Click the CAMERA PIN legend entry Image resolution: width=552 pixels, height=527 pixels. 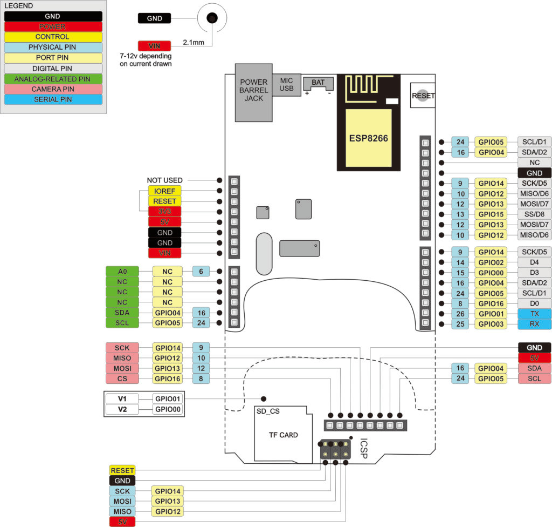53,89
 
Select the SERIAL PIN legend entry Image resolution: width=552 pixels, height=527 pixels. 53,99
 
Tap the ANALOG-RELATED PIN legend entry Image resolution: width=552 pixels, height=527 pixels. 53,79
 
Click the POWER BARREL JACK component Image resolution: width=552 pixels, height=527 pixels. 253,93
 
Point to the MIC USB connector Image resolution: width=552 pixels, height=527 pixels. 287,85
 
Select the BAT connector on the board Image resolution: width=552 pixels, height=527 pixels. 318,84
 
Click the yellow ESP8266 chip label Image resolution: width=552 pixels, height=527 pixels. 369,138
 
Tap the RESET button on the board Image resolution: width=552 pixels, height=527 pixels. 423,96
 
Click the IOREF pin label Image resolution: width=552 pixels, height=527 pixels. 165,191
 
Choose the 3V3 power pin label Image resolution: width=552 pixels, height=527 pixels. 165,212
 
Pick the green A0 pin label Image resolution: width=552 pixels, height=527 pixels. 122,271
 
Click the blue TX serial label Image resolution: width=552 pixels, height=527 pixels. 534,314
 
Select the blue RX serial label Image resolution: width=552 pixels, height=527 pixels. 534,324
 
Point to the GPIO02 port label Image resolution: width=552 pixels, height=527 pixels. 491,262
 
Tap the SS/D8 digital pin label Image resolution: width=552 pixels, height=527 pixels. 534,214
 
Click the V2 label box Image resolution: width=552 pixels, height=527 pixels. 122,409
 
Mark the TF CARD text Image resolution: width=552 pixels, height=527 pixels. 284,435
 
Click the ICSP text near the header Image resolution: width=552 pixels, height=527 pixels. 364,448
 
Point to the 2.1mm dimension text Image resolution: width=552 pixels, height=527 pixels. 194,42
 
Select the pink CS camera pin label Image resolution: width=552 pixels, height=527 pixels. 122,379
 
